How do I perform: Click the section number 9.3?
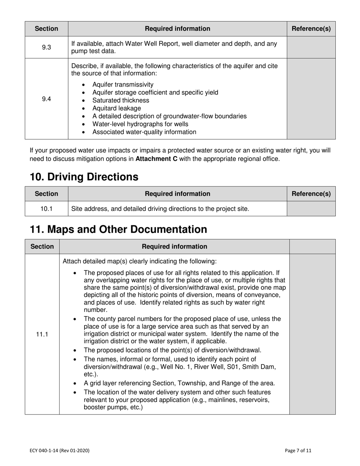(46, 47)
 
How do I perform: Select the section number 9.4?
(46, 99)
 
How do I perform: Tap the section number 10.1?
(46, 209)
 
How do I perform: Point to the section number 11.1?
(42, 334)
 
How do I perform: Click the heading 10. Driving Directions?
(84, 177)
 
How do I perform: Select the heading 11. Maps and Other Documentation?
(118, 230)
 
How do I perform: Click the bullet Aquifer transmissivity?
(123, 84)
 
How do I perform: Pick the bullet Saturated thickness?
(121, 100)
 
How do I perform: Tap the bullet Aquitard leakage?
(116, 108)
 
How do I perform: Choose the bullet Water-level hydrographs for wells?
(140, 124)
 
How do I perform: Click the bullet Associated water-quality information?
(144, 132)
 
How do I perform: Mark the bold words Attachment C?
(156, 159)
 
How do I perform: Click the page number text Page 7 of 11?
(298, 450)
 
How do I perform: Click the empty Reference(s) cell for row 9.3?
(311, 47)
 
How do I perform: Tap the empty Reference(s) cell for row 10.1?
(311, 209)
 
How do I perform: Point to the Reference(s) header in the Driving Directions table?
(311, 194)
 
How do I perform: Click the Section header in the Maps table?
(42, 247)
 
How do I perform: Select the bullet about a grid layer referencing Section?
(179, 383)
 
